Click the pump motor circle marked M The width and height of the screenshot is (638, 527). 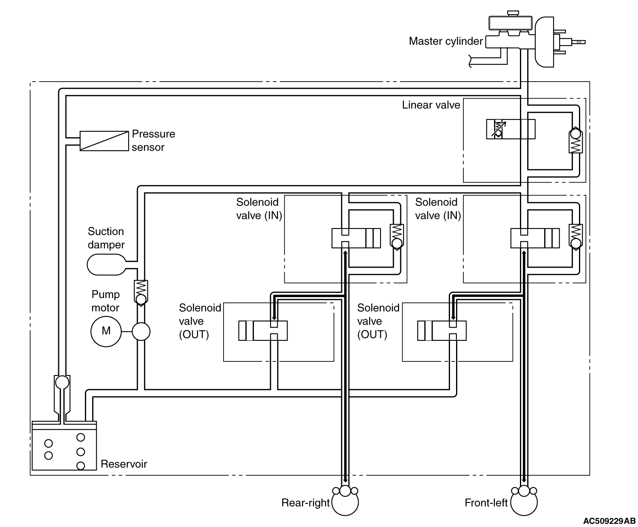106,331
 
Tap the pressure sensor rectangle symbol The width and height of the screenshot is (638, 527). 104,141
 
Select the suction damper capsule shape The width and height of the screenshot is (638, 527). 106,265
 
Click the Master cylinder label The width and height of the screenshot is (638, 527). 446,41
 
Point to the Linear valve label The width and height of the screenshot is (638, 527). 431,105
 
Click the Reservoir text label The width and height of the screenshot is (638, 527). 124,464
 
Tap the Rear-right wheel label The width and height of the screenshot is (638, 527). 305,503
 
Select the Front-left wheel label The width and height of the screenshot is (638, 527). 486,503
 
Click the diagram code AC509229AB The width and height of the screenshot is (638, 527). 609,521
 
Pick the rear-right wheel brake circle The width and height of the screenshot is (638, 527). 345,502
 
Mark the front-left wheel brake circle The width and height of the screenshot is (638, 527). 524,502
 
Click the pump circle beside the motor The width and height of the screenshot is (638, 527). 141,332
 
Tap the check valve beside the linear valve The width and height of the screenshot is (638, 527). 575,140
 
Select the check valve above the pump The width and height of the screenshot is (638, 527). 141,293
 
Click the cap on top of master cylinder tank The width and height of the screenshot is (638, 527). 513,13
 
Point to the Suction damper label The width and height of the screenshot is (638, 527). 106,238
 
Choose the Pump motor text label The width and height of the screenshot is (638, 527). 106,301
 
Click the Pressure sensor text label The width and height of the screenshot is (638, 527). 153,141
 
